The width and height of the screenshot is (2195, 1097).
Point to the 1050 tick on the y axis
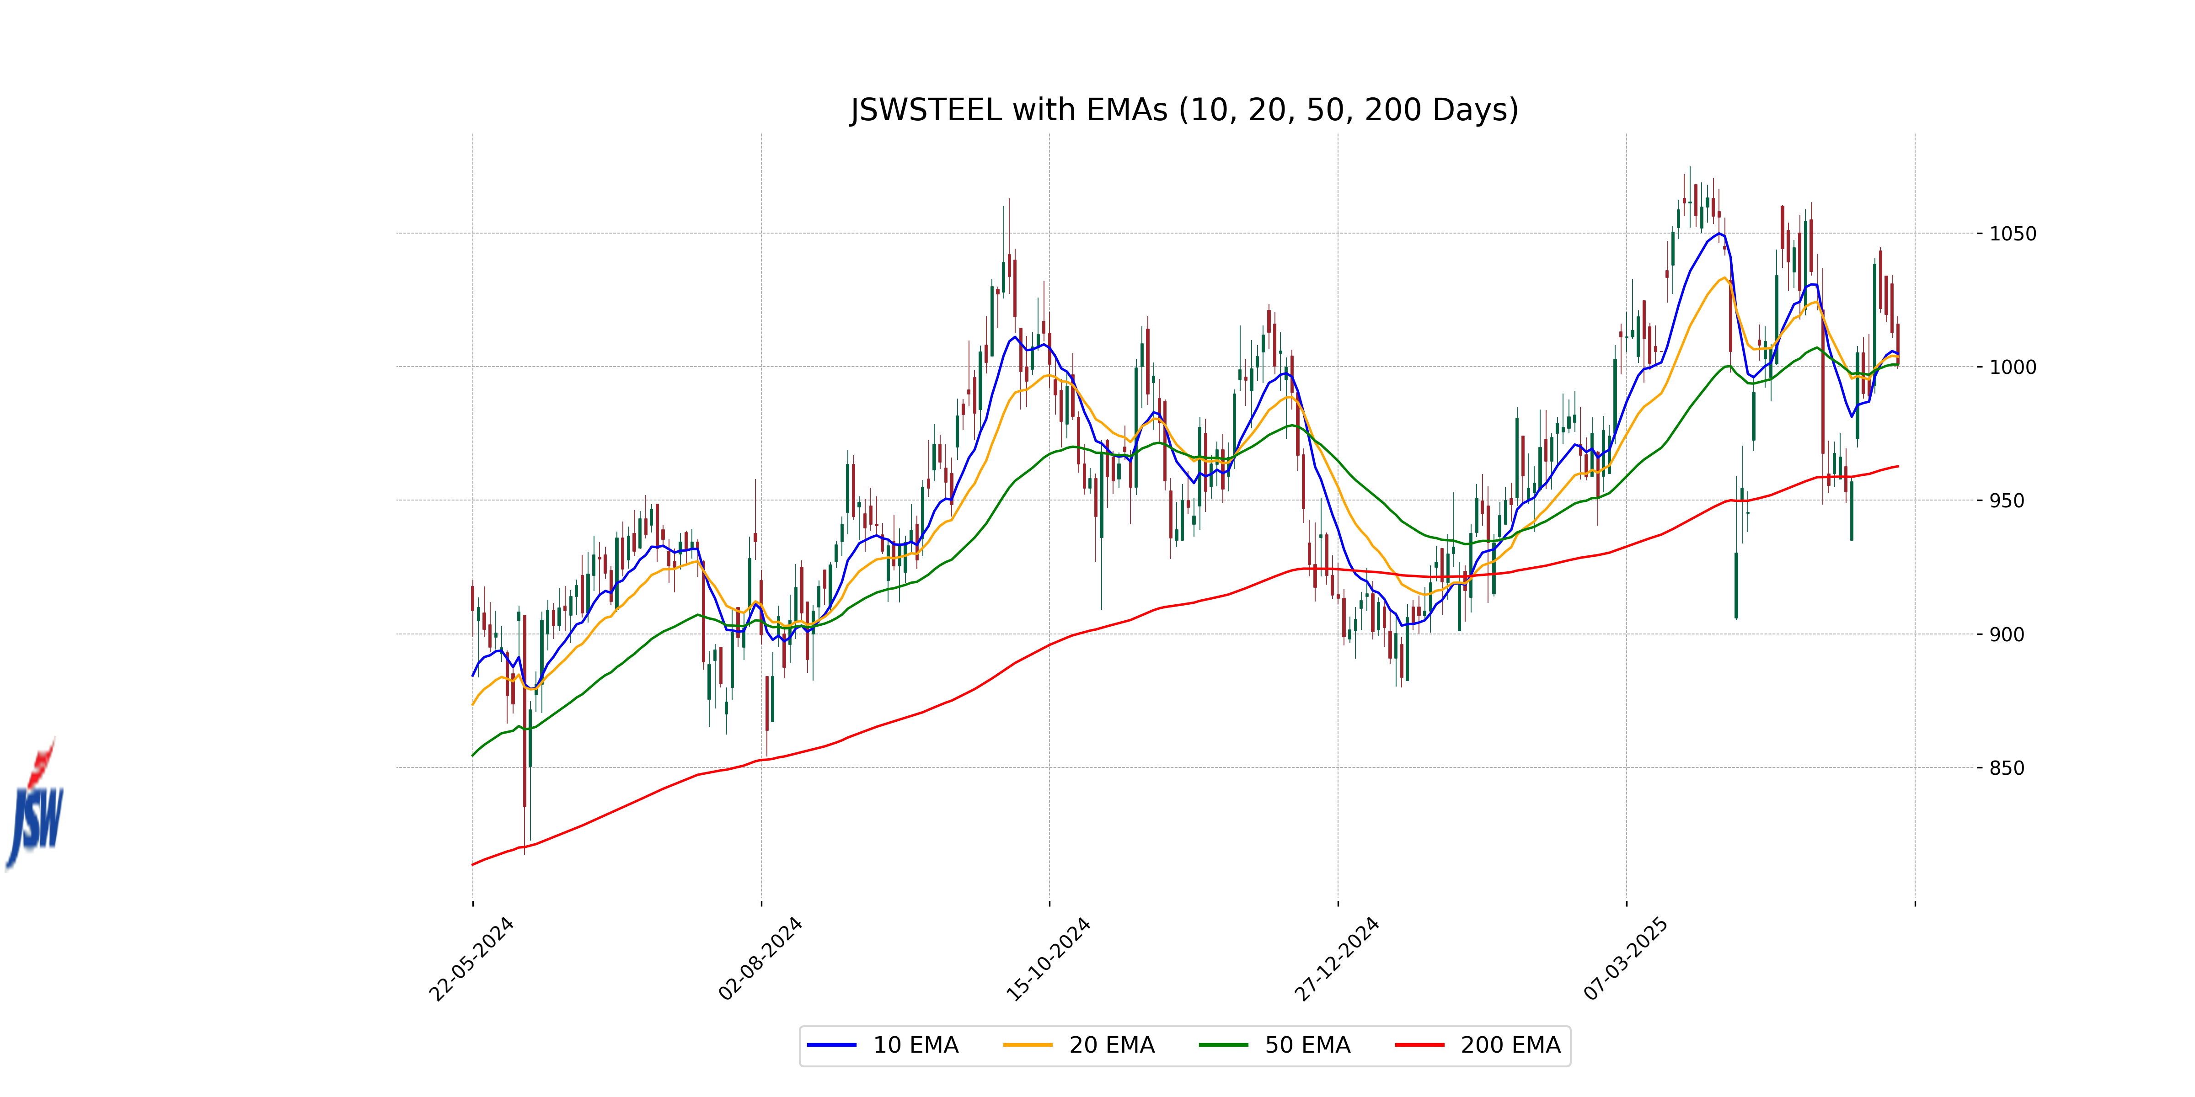2013,234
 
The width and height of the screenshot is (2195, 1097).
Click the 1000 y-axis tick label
2013,367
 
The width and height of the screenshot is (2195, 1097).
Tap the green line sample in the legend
1224,1045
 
